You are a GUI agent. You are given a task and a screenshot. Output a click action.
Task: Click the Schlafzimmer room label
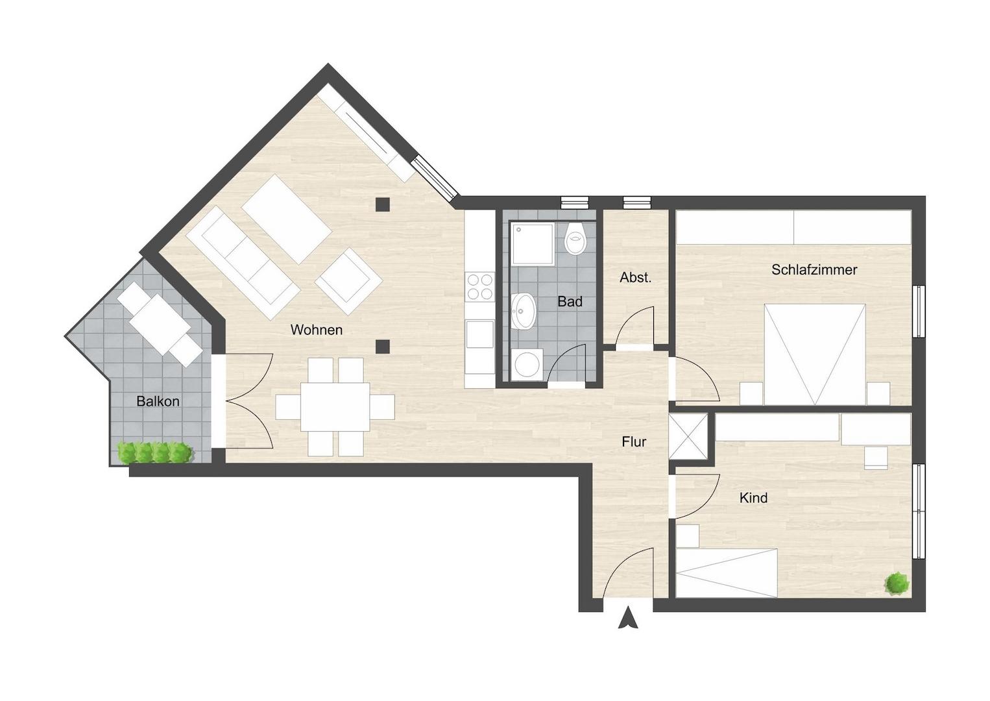coord(814,269)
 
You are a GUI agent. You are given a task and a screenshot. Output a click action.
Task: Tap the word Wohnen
coord(317,330)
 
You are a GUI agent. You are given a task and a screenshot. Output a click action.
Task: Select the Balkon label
coord(158,401)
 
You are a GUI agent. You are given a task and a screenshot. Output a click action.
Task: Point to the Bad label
coord(570,302)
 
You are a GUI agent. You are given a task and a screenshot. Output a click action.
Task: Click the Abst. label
coord(636,277)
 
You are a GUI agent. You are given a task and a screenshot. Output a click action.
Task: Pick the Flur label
coord(634,441)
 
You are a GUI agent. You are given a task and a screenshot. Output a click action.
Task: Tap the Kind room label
coord(753,498)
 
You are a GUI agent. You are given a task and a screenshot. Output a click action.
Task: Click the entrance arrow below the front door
coord(628,619)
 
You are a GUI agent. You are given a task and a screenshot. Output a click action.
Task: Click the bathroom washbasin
coord(524,311)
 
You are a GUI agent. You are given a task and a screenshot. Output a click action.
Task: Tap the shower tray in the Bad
coord(533,244)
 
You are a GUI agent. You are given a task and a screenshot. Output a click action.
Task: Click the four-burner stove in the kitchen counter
coord(479,288)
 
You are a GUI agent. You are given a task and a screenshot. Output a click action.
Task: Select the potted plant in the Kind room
coord(897,583)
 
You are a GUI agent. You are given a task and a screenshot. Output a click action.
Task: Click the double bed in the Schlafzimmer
coord(815,354)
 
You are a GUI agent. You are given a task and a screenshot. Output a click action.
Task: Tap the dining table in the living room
coord(335,407)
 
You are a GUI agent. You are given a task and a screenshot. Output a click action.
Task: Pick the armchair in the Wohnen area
coord(349,281)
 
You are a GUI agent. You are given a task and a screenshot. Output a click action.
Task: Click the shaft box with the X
coord(688,437)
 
